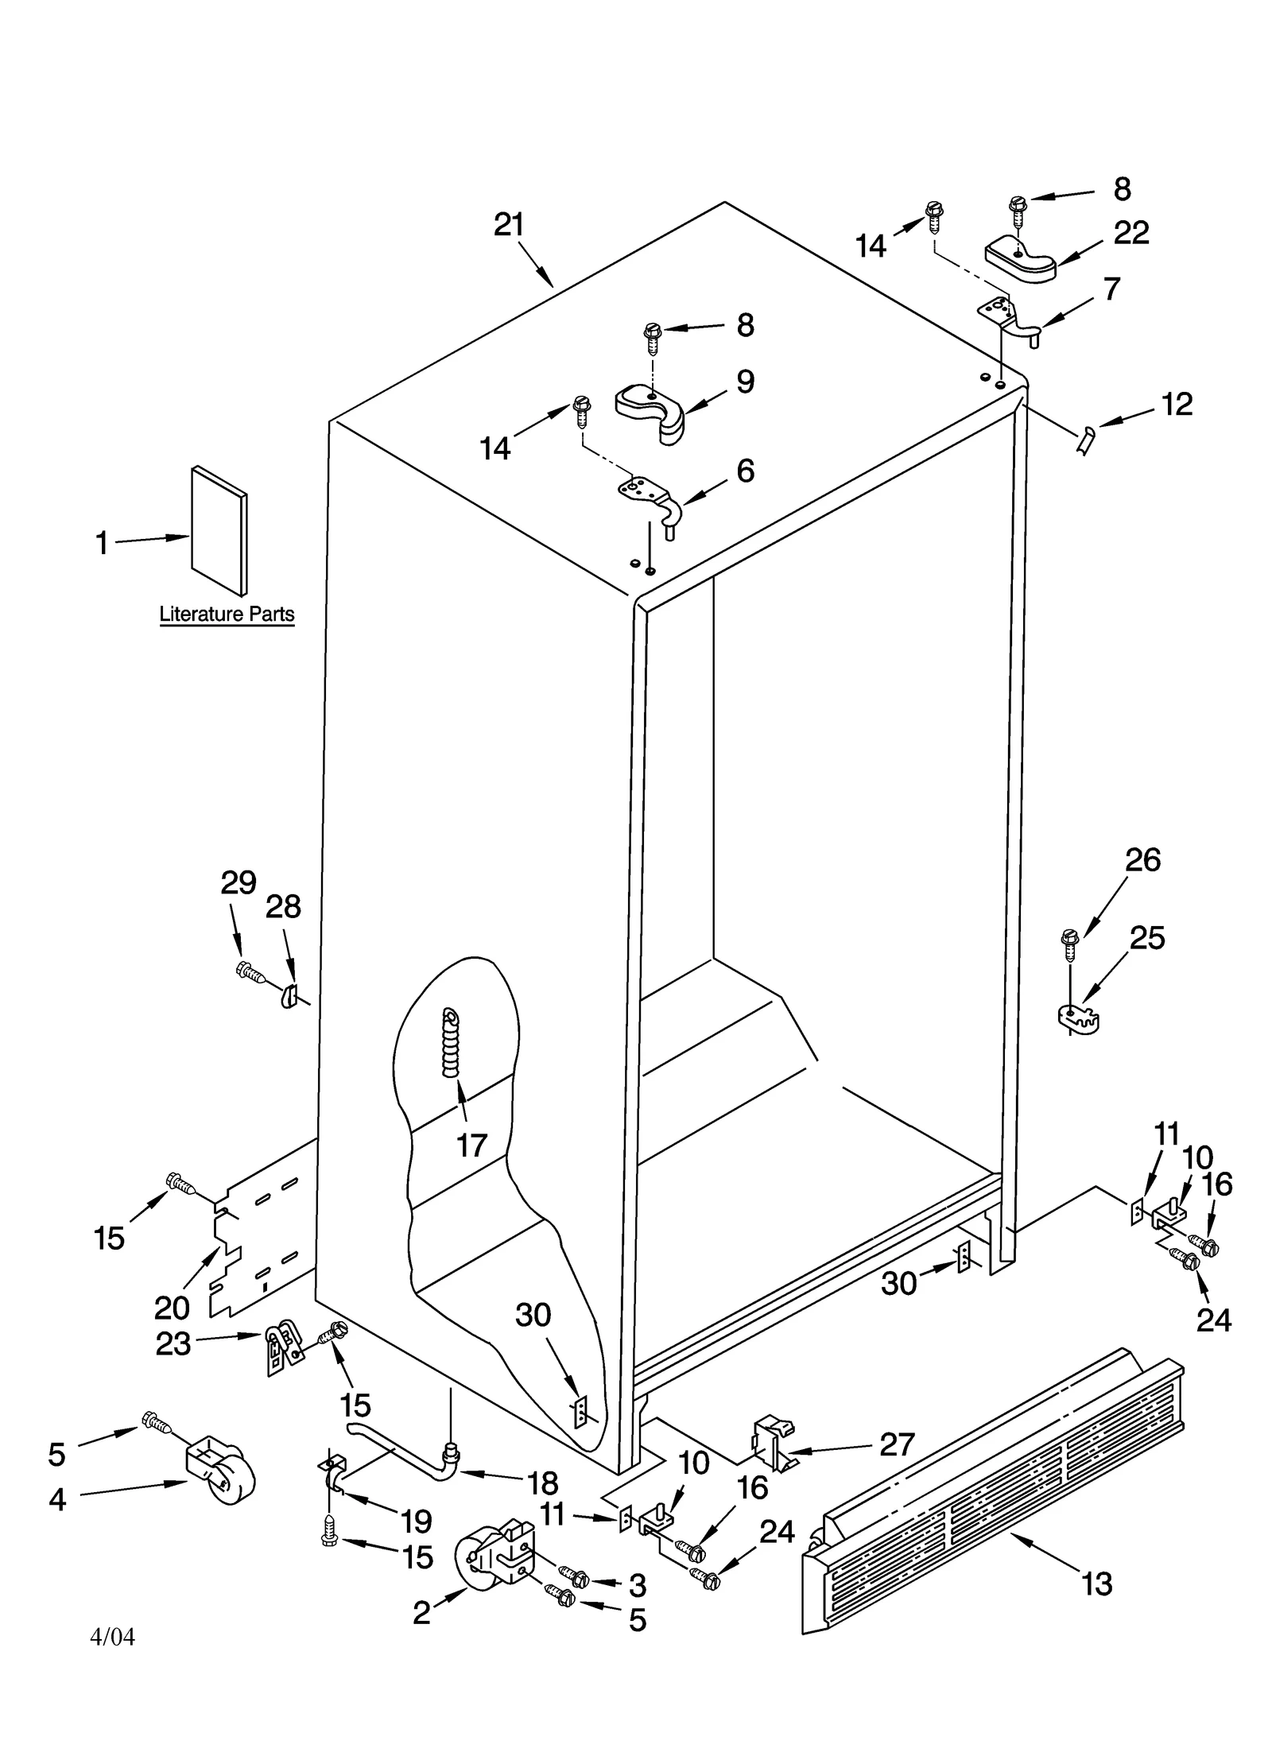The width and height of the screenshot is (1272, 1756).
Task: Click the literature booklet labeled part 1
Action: [x=218, y=530]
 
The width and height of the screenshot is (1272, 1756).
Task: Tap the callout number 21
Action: [x=509, y=225]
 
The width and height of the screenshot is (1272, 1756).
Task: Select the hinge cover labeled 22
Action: [x=1020, y=261]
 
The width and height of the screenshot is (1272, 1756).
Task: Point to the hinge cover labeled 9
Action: [x=650, y=407]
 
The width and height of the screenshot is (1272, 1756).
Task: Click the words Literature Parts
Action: [x=227, y=614]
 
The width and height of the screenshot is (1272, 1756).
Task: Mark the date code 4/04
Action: [x=113, y=1637]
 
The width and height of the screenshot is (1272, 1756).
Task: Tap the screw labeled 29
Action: [x=250, y=971]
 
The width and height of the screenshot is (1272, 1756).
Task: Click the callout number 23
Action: [x=173, y=1343]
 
